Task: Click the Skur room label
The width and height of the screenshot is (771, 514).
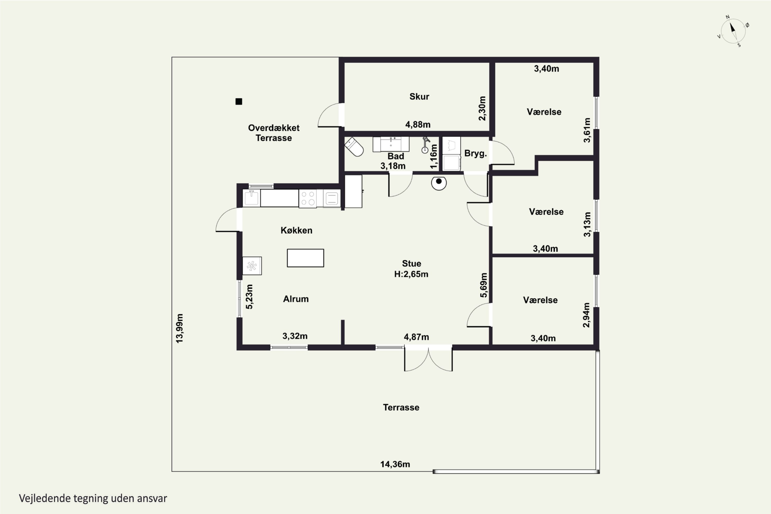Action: click(x=419, y=96)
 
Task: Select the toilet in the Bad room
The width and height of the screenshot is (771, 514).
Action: click(x=354, y=147)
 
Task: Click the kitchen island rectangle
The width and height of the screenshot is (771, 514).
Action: click(x=306, y=258)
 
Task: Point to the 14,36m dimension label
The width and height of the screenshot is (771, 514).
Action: click(x=395, y=464)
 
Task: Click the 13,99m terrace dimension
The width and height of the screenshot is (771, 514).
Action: click(x=180, y=328)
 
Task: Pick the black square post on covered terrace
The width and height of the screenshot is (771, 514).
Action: click(x=239, y=102)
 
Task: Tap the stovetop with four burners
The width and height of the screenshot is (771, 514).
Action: click(x=307, y=198)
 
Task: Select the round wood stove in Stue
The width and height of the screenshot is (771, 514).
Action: click(x=439, y=183)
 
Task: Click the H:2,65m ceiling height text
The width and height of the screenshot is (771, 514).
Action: click(x=411, y=274)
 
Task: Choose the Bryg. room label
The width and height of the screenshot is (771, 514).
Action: click(x=475, y=153)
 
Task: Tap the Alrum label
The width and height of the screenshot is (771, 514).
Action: click(x=296, y=299)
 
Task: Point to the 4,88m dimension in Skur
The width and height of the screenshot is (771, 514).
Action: click(x=418, y=125)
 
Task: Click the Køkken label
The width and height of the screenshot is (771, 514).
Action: click(x=296, y=231)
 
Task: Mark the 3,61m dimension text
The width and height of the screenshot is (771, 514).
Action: click(x=587, y=130)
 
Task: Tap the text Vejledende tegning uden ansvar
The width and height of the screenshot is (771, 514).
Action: click(x=93, y=498)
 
